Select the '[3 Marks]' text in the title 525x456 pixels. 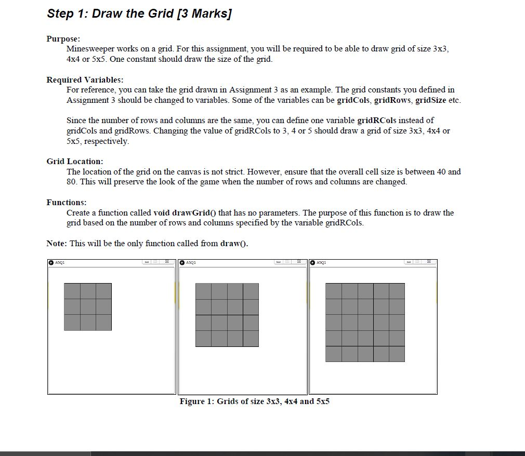click(204, 14)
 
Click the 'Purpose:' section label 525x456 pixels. click(63, 39)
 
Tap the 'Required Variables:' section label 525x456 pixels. click(85, 79)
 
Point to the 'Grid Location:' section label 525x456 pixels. click(75, 162)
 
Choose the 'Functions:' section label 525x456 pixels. click(67, 202)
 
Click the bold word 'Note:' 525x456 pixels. click(57, 243)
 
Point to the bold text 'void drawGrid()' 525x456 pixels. click(185, 212)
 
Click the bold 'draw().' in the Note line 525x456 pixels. click(234, 243)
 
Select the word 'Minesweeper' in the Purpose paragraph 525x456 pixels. click(90, 49)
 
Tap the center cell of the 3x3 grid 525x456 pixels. click(88, 306)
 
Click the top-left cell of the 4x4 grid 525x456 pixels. click(203, 291)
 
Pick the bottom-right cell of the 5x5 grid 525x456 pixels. click(397, 354)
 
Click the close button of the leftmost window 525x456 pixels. click(167, 262)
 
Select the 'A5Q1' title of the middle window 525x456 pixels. click(191, 263)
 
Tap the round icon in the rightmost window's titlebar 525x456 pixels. click(313, 263)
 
